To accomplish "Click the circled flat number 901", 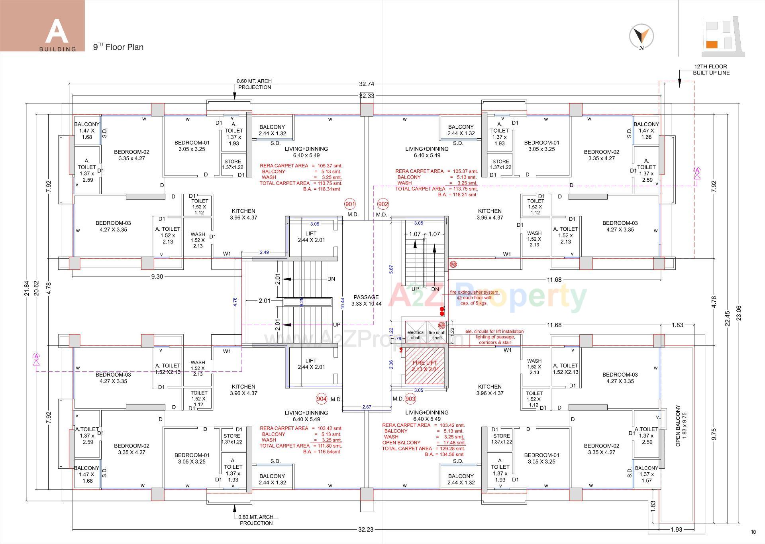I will point(350,204).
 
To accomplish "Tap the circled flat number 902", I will point(383,204).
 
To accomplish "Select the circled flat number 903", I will point(410,399).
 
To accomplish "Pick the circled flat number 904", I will point(322,399).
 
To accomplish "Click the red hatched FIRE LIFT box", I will point(425,366).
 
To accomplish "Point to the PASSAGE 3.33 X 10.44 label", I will point(366,300).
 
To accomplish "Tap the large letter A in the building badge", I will point(57,31).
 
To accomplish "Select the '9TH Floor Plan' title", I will point(118,47).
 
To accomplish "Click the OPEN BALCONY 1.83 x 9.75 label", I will point(681,426).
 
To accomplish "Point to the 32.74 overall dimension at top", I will point(367,84).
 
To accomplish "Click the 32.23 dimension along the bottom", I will point(366,530).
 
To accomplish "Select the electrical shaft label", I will point(416,335).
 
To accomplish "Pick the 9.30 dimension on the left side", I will point(157,277).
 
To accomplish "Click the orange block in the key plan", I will point(712,45).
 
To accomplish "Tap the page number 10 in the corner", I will point(753,532).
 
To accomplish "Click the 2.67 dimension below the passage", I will point(367,407).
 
